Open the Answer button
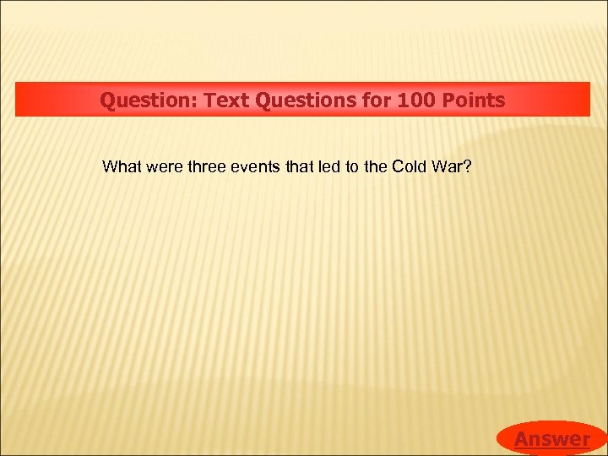(551, 438)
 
